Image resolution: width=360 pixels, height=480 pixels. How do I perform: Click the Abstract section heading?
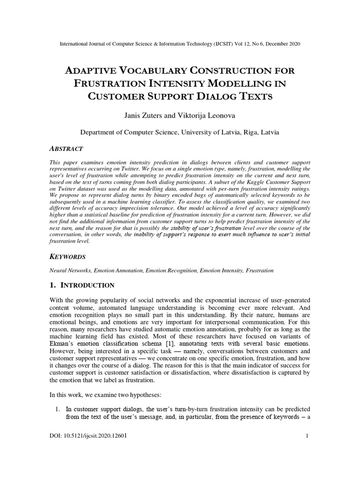pyautogui.click(x=66, y=149)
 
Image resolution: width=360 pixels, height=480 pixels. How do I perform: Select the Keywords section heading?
pyautogui.click(x=68, y=257)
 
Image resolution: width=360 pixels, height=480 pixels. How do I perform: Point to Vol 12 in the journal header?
pyautogui.click(x=237, y=44)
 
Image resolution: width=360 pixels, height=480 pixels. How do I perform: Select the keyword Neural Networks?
pyautogui.click(x=70, y=271)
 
